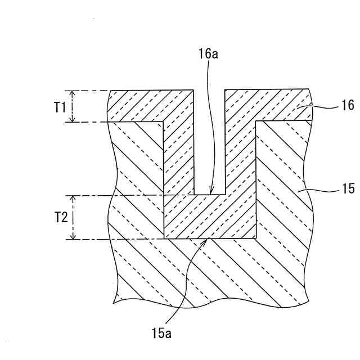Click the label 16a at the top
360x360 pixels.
208,55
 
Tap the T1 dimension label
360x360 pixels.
61,106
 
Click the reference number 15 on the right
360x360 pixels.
348,190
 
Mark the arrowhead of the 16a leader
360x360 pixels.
209,192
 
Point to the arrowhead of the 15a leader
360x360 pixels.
208,241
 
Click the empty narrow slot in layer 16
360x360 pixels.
209,141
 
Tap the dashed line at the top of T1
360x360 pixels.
87,91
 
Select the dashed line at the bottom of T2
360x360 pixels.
112,240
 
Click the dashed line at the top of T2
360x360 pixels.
112,196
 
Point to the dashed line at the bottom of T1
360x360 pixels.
87,122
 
